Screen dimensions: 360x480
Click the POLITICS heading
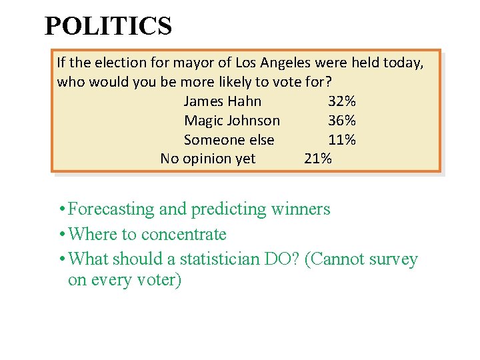[x=108, y=27]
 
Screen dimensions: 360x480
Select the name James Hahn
[x=223, y=101]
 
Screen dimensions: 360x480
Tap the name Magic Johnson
[x=232, y=121]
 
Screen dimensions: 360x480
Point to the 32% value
[x=342, y=101]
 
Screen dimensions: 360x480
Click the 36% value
[x=342, y=121]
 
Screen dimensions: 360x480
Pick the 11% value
[x=342, y=140]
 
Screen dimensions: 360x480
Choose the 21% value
[x=318, y=159]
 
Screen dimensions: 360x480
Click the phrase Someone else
[x=229, y=140]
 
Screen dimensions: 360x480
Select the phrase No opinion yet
[x=208, y=159]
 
